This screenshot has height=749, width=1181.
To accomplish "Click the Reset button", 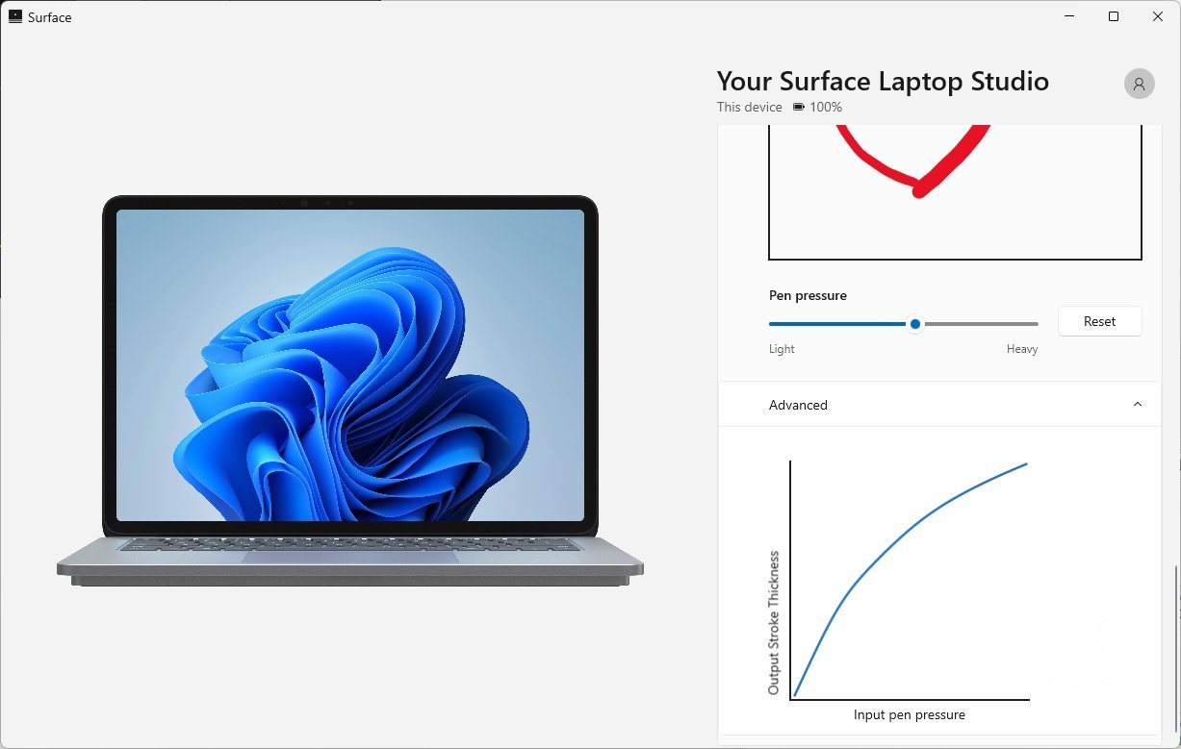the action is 1099,321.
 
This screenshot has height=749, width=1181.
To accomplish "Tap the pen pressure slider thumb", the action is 915,324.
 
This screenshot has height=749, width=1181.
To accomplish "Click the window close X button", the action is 1158,17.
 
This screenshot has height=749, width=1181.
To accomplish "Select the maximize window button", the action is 1114,17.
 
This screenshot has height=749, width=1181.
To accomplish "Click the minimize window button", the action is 1069,17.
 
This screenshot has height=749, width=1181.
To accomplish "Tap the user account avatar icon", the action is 1140,84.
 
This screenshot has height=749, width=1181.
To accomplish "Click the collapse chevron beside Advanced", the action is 1138,405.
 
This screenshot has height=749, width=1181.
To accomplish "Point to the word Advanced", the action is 798,405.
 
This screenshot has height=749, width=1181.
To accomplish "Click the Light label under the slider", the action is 782,349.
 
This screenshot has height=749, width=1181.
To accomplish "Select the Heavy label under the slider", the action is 1022,349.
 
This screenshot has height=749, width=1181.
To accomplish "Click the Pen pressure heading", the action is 808,295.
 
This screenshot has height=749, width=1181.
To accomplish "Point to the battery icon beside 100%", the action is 799,107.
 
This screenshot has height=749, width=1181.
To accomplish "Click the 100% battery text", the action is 826,107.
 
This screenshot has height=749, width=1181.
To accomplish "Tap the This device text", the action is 749,107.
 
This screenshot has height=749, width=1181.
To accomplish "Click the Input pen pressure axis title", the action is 909,714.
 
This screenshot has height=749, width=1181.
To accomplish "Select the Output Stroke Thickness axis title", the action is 774,623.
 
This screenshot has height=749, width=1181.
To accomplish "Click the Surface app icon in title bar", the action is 15,17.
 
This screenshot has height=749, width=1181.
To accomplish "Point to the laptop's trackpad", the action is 350,557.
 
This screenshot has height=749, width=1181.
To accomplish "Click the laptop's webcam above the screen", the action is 304,203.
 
